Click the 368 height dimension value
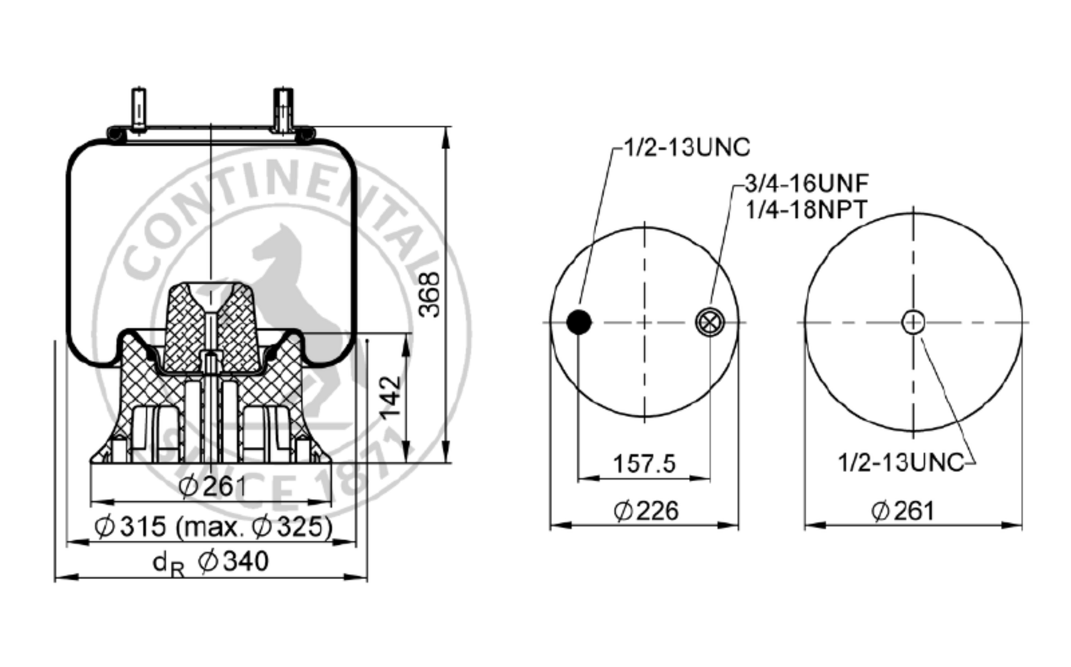point(429,294)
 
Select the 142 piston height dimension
point(390,398)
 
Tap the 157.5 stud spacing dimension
point(645,463)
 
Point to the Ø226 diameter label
point(646,511)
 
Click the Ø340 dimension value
point(233,561)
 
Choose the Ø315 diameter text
point(130,527)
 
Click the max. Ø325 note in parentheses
point(254,527)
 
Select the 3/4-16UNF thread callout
point(807,183)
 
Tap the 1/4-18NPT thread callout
point(807,209)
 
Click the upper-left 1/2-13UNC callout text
point(688,147)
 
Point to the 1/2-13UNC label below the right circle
point(901,463)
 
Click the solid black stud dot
point(579,322)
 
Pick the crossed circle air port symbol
point(710,322)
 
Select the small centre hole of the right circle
point(913,322)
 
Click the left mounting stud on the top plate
point(139,109)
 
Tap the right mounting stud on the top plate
point(283,109)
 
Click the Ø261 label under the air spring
point(212,487)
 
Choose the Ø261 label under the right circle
point(902,511)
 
